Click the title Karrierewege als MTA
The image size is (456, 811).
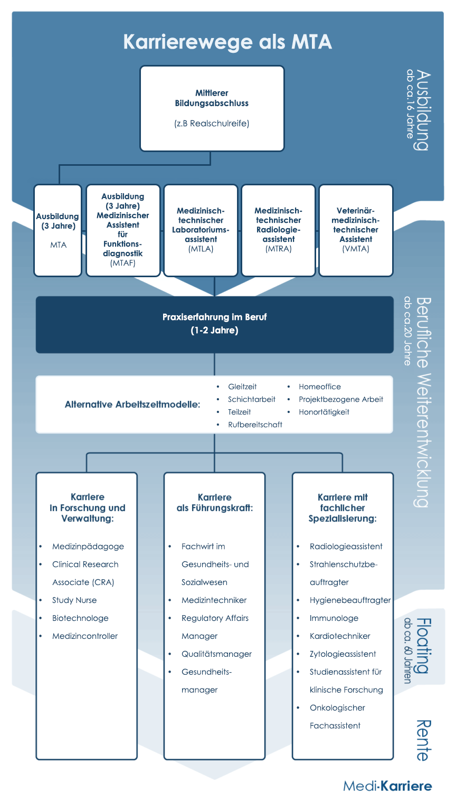coord(227,42)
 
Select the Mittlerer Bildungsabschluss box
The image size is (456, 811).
coord(212,108)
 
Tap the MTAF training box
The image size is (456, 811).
coord(123,230)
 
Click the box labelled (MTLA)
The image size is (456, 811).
coord(201,230)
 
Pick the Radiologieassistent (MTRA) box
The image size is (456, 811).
coord(278,230)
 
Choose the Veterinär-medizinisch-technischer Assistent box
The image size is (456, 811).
coord(356,230)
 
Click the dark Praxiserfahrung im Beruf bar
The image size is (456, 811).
coord(215,324)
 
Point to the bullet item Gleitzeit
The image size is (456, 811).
coord(242,386)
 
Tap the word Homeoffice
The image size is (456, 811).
coord(320,386)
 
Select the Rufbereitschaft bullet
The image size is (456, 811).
coord(255,425)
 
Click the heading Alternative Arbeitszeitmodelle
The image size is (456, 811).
coord(132,404)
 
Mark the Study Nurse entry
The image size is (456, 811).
coord(74,600)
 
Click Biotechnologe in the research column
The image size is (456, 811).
coord(80,618)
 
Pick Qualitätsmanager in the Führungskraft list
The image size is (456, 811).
coord(216,654)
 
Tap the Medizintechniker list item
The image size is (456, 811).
coord(214,600)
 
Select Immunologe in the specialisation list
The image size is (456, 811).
coord(334,618)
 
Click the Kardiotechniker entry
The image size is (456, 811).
coord(340,636)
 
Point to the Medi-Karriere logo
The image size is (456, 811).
coord(387,786)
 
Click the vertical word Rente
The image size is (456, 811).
coord(423,741)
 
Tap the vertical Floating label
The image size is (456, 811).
coord(423,646)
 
